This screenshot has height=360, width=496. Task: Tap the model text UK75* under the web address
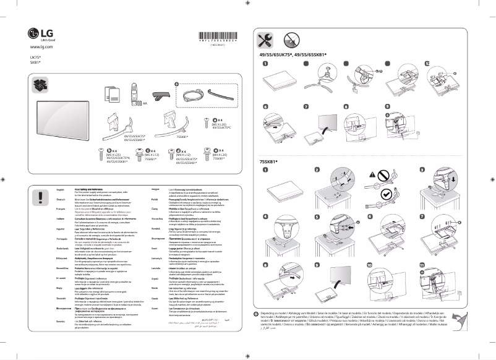coord(35,57)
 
